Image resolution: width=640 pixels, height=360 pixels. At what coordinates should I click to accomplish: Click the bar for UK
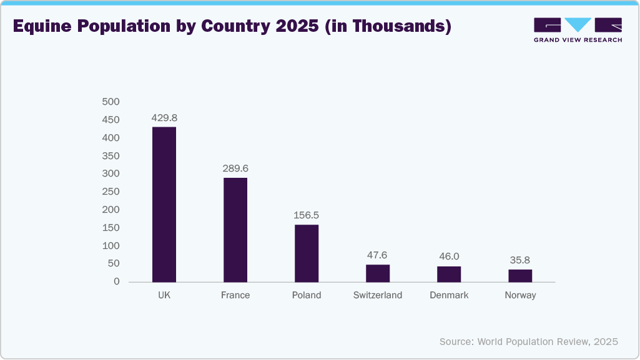click(x=164, y=204)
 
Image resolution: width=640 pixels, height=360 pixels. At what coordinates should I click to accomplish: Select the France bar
click(x=235, y=230)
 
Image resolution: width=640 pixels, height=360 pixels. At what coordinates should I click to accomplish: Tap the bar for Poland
click(x=307, y=253)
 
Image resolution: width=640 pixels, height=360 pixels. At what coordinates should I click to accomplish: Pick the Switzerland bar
click(x=378, y=273)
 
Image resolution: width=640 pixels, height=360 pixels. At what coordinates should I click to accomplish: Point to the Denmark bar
click(x=449, y=274)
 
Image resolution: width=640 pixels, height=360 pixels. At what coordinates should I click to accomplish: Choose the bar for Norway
click(x=520, y=275)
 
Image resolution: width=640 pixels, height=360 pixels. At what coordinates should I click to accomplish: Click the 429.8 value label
click(x=164, y=117)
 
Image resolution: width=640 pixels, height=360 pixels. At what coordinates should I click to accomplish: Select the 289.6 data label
click(x=235, y=168)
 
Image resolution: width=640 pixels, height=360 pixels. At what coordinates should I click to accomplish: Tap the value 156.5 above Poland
click(x=307, y=215)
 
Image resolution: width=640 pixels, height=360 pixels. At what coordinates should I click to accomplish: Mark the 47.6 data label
click(x=378, y=255)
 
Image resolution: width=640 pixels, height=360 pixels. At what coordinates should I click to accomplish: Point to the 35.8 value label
click(x=520, y=260)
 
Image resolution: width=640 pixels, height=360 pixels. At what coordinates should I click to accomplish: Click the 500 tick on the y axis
click(x=111, y=102)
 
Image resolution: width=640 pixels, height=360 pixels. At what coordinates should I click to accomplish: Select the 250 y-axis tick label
click(x=111, y=192)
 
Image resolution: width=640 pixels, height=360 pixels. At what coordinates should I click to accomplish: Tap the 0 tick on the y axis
click(x=116, y=282)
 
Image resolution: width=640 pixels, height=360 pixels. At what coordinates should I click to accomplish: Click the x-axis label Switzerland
click(x=378, y=295)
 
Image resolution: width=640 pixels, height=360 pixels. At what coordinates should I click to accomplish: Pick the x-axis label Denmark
click(x=449, y=295)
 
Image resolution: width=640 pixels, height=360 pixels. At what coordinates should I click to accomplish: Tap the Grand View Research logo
click(x=578, y=29)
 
